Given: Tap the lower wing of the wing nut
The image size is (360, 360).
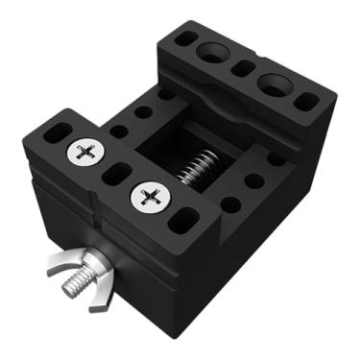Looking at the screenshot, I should (x=100, y=304).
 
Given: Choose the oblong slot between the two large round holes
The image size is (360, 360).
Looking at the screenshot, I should (x=244, y=68).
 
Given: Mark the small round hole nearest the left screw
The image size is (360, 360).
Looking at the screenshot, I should (x=118, y=132).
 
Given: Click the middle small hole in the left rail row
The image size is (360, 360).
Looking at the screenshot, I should (x=143, y=112).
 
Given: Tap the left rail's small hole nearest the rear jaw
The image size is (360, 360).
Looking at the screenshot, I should (x=167, y=95).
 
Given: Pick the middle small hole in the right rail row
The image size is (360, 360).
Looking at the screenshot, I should (x=254, y=180).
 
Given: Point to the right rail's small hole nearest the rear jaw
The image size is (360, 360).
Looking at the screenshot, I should (x=276, y=159).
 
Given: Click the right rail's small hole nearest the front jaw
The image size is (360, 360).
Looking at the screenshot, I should (x=231, y=204).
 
